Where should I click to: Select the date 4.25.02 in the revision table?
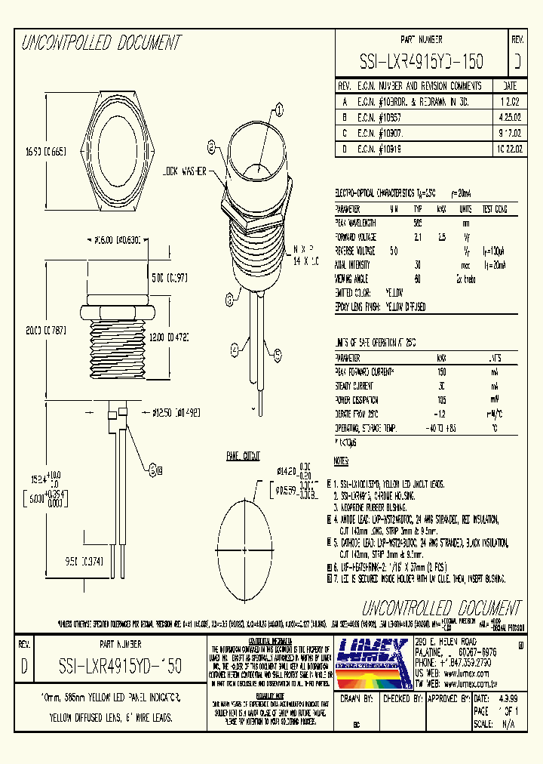pyautogui.click(x=509, y=118)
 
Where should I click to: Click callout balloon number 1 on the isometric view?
pyautogui.click(x=278, y=111)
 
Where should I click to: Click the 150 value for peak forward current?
pyautogui.click(x=440, y=372)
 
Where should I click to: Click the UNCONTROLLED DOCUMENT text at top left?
pyautogui.click(x=101, y=42)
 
